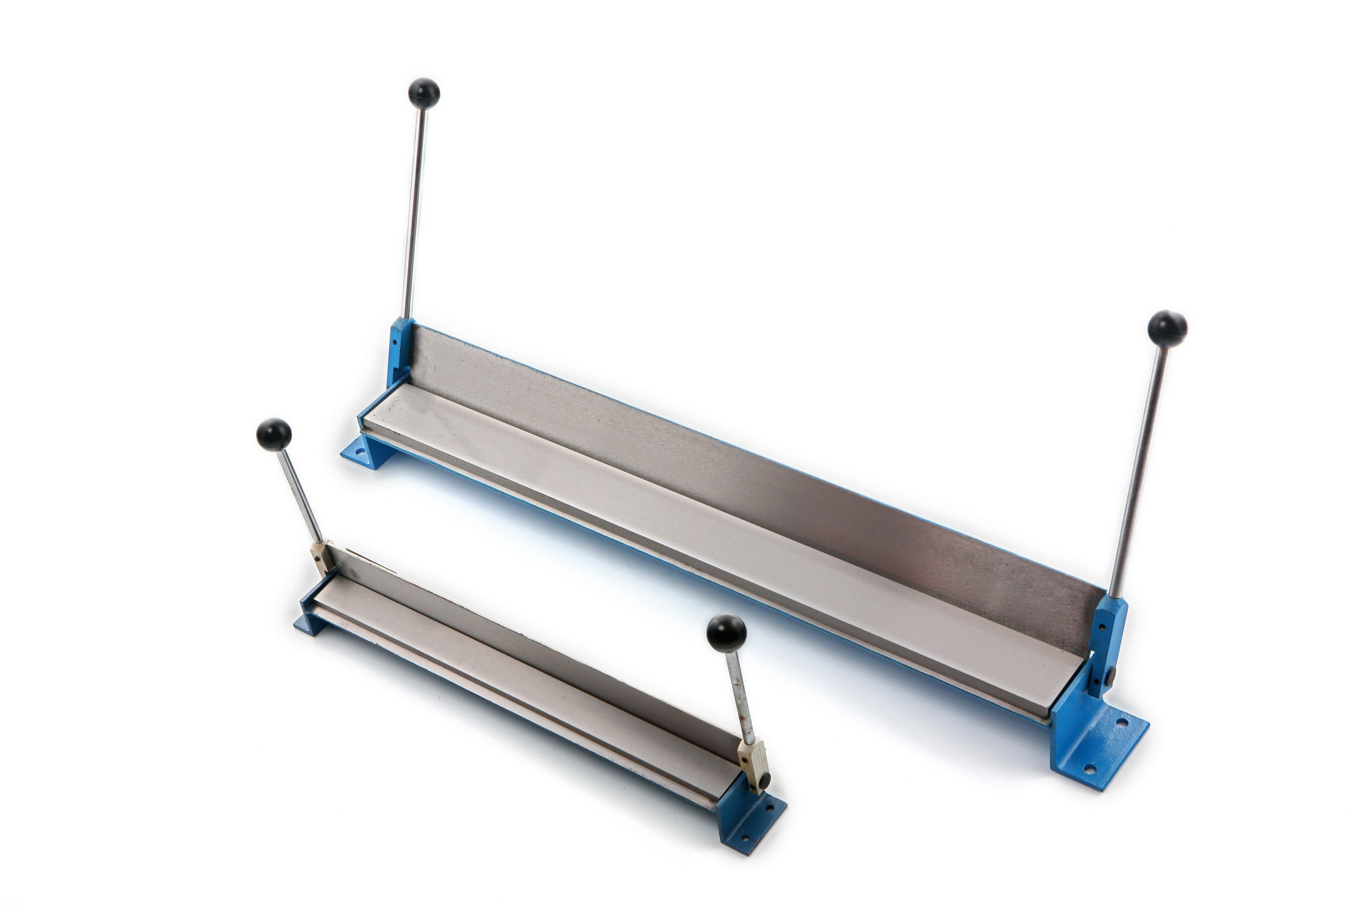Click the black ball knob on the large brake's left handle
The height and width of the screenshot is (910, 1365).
click(x=424, y=93)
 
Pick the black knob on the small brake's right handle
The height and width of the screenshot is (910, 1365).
click(x=726, y=634)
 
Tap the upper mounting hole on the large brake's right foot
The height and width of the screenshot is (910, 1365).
click(x=1124, y=723)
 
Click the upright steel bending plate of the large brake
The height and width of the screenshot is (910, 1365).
click(x=754, y=464)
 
